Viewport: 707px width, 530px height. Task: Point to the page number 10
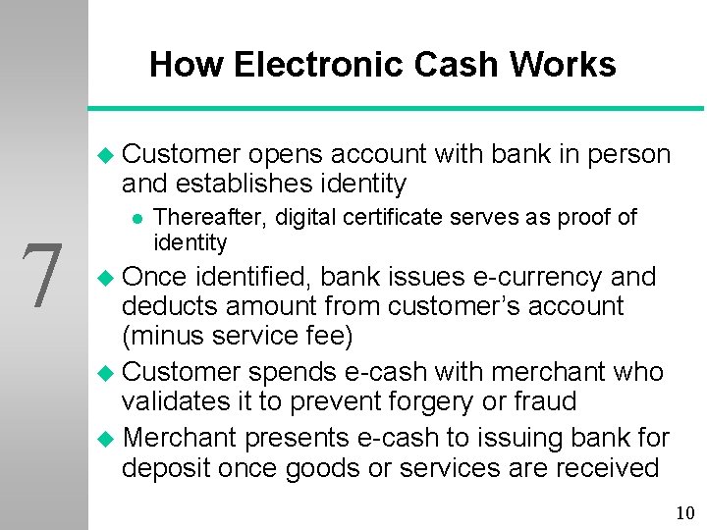point(684,512)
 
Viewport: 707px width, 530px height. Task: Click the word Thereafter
point(211,217)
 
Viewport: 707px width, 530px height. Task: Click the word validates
point(181,401)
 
